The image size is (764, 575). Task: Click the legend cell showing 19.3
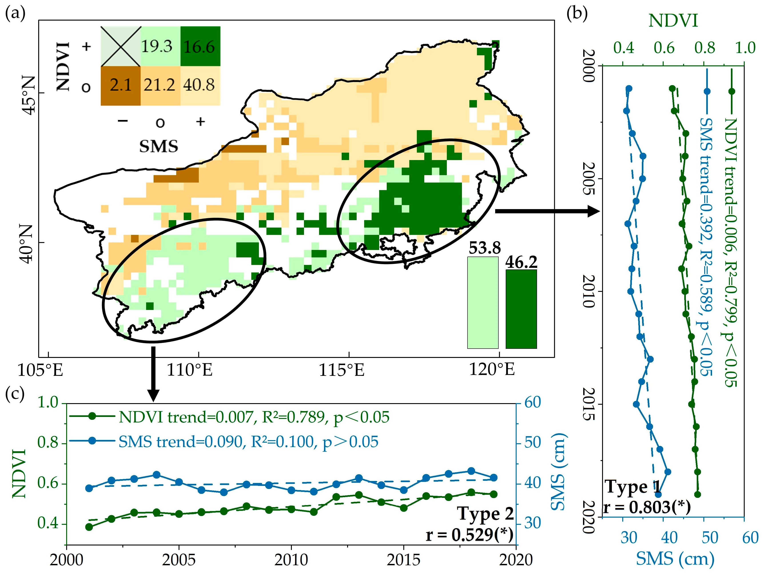tap(161, 46)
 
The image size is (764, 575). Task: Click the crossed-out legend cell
tap(121, 46)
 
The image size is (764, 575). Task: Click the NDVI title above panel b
tap(673, 21)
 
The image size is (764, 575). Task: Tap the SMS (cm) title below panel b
tap(675, 559)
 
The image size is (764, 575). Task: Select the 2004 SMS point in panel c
tap(156, 475)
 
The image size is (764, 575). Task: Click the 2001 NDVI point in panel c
tap(89, 527)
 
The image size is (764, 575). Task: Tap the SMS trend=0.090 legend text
tap(248, 442)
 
